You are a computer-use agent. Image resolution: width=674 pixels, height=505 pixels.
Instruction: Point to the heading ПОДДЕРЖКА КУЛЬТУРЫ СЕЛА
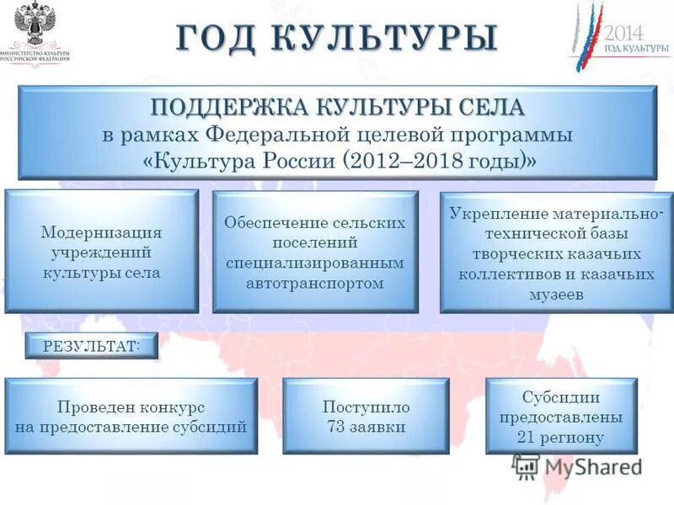pos(337,108)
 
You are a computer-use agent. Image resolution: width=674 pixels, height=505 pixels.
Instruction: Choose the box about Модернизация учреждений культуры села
pos(101,252)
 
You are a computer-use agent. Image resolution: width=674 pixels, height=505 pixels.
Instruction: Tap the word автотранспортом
pos(315,283)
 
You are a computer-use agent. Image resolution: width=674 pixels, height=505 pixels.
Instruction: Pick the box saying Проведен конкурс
pos(131,417)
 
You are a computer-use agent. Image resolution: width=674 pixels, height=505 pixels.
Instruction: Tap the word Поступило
pos(366,407)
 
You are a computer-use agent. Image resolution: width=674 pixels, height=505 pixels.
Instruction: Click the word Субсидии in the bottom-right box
pos(561,397)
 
